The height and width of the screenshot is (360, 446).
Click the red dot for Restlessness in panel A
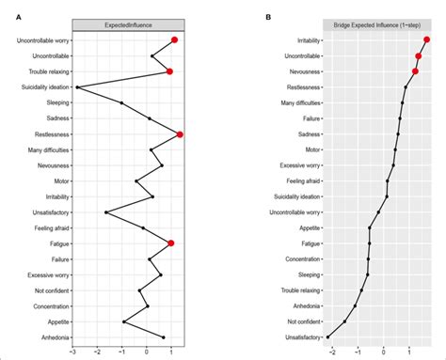pyautogui.click(x=180, y=134)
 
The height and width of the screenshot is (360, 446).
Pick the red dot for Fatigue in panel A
pyautogui.click(x=171, y=243)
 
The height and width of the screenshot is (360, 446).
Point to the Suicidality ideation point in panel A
pyautogui.click(x=77, y=87)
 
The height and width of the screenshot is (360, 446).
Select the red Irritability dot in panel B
pyautogui.click(x=427, y=40)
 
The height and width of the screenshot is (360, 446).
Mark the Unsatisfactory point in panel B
pyautogui.click(x=329, y=336)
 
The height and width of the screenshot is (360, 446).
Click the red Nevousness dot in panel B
pyautogui.click(x=415, y=71)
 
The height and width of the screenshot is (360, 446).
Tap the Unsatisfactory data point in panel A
pyautogui.click(x=106, y=212)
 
